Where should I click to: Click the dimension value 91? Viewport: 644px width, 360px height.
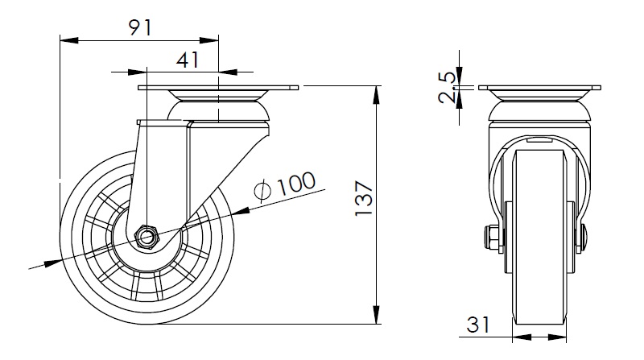coord(140,27)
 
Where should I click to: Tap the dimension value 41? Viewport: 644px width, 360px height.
coord(188,60)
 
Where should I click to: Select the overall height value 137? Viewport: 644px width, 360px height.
coord(364,198)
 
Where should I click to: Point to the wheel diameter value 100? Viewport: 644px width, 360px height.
coord(296,184)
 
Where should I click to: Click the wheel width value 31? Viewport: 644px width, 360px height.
coord(478,325)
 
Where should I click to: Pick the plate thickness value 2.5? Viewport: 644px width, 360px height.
coord(447,88)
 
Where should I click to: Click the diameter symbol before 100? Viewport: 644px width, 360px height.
coord(263,191)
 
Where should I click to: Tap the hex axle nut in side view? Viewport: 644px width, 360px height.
coord(147,237)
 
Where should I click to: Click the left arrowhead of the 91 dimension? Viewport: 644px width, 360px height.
coord(69,39)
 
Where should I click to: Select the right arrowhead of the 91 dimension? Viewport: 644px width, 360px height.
coord(209,39)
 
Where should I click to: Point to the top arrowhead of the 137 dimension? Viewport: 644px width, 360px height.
coord(376,95)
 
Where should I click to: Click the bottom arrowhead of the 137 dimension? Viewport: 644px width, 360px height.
coord(376,314)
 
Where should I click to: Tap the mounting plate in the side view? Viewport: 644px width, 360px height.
coord(218,88)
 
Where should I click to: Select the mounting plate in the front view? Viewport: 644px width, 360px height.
coord(539,88)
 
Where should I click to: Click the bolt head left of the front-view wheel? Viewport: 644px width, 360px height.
coord(491,238)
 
